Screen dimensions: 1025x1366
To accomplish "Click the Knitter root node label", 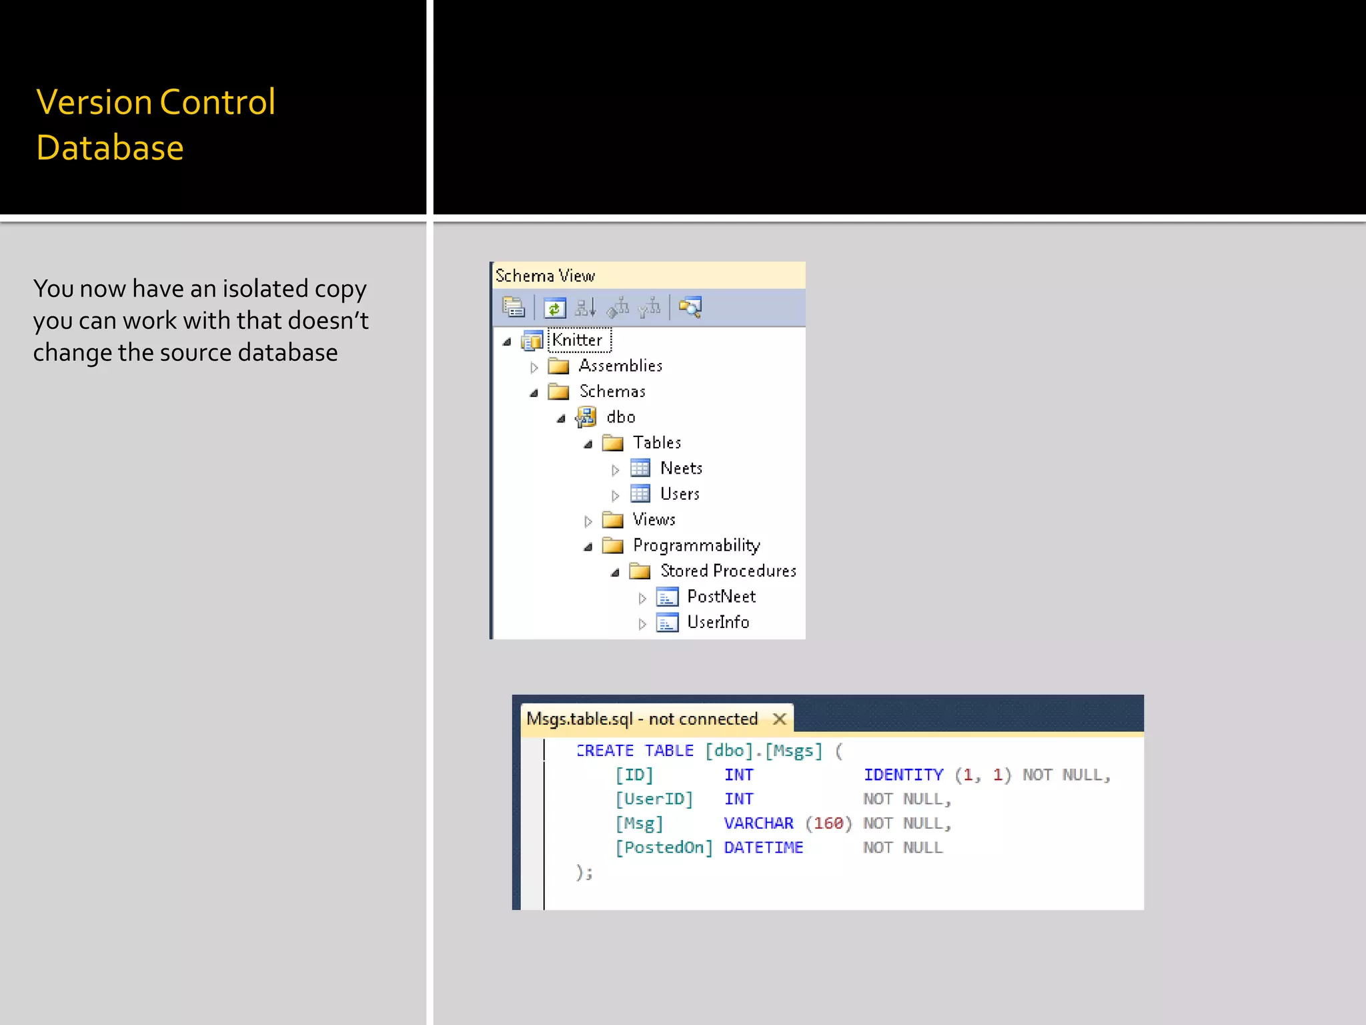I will [x=578, y=340].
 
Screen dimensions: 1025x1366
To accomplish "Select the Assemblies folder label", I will [x=620, y=366].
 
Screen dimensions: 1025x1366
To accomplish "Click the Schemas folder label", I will [x=612, y=392].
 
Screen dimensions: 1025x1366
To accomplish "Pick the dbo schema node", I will [x=620, y=417].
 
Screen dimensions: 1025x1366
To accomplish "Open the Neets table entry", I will [x=681, y=468].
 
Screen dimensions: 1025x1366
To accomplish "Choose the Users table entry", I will [x=680, y=494].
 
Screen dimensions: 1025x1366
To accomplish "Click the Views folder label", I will [x=654, y=520].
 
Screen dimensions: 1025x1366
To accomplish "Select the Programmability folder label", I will [x=696, y=546].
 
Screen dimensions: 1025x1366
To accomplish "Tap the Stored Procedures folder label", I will [x=728, y=571].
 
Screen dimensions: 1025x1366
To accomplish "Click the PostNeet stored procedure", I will [x=721, y=597].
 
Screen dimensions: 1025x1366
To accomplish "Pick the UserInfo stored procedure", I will [x=718, y=623].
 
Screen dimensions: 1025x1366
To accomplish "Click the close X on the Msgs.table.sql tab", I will [x=779, y=719].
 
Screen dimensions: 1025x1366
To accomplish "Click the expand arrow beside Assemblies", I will [x=534, y=367].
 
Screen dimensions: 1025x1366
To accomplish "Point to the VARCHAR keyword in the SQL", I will [x=758, y=823].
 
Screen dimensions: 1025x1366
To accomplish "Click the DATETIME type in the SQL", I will [x=763, y=848].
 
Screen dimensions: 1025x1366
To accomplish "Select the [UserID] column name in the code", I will [x=654, y=799].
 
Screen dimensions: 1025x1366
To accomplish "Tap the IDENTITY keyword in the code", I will [x=903, y=775].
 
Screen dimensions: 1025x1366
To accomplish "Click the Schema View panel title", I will [x=545, y=276].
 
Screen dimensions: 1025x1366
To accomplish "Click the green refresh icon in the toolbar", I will [x=554, y=308].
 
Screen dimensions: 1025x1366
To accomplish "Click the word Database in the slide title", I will [x=110, y=147].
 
